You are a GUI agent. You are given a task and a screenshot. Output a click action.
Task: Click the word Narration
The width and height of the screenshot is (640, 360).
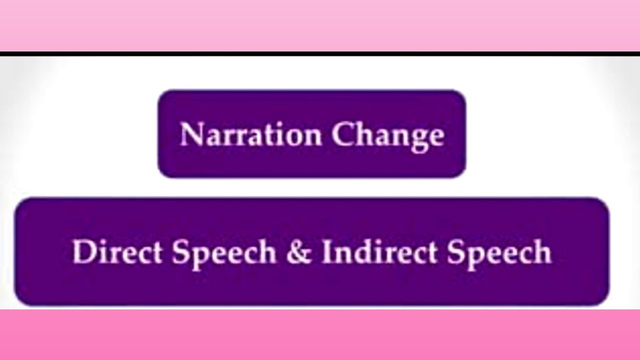[250, 134]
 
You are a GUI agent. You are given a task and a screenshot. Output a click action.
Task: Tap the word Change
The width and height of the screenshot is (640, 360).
[388, 135]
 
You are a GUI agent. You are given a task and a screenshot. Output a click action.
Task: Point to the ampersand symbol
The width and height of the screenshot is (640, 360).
[298, 252]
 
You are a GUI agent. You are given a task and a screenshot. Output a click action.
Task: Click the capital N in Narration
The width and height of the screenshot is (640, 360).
[190, 134]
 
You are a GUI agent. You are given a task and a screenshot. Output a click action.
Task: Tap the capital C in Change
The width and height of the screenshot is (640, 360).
[342, 134]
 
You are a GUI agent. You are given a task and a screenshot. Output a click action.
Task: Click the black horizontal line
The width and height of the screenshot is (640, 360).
[320, 53]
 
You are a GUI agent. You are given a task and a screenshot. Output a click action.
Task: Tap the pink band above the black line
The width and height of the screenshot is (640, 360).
[320, 25]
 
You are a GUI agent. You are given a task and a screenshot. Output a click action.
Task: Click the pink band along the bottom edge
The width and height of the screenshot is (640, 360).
[320, 335]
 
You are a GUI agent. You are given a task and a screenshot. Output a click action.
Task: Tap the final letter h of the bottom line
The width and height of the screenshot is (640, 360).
[542, 252]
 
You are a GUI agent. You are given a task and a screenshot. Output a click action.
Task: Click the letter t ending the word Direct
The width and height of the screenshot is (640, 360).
[160, 253]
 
